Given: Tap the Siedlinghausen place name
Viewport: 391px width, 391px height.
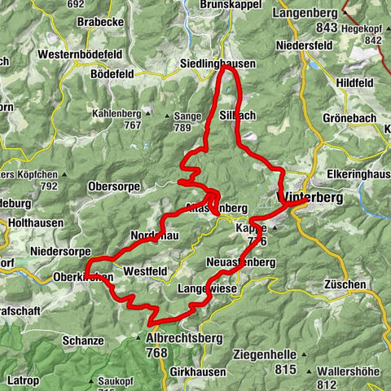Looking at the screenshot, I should click(x=217, y=64).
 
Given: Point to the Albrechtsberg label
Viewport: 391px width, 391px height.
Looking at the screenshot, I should click(x=180, y=339).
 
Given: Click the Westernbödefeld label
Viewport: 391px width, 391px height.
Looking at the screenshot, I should click(x=79, y=55).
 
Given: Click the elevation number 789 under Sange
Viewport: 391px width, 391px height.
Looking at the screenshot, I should click(x=186, y=127).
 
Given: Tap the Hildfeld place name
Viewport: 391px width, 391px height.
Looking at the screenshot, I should click(x=352, y=82).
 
